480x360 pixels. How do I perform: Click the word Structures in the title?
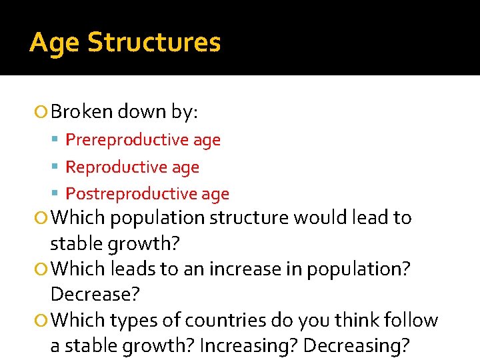pyautogui.click(x=154, y=43)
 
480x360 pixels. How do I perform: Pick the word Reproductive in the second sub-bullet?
pyautogui.click(x=109, y=167)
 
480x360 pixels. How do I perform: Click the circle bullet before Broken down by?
pyautogui.click(x=42, y=112)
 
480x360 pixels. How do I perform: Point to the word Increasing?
pyautogui.click(x=237, y=345)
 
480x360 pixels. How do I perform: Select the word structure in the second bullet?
pyautogui.click(x=250, y=218)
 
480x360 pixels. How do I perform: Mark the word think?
pyautogui.click(x=359, y=321)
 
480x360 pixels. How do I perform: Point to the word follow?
pyautogui.click(x=413, y=321)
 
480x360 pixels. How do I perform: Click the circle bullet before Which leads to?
pyautogui.click(x=42, y=269)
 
